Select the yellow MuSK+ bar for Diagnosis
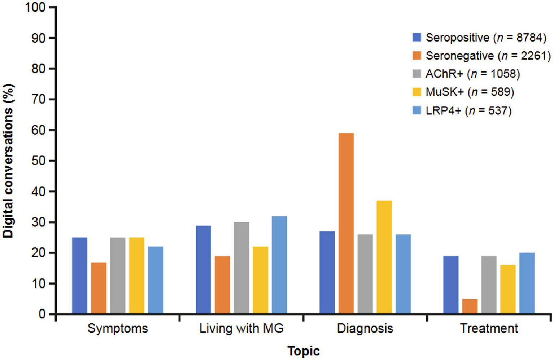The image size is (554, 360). [384, 257]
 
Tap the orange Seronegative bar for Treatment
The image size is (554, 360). [470, 306]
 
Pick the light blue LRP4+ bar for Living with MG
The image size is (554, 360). [279, 264]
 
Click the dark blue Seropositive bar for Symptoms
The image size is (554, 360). [80, 275]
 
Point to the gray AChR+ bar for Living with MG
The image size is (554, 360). [241, 268]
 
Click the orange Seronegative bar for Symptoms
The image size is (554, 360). [99, 288]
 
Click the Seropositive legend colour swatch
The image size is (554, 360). [416, 37]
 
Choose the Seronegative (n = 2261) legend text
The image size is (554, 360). [488, 56]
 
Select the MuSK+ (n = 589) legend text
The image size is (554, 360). [470, 92]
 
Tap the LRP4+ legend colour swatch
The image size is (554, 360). [416, 110]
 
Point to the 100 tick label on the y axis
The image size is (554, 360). [35, 7]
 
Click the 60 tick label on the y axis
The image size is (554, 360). [38, 130]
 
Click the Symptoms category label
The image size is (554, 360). [118, 328]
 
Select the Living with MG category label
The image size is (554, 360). [241, 328]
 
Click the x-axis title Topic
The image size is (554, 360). [304, 351]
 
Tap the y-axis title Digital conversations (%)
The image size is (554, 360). [8, 161]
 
